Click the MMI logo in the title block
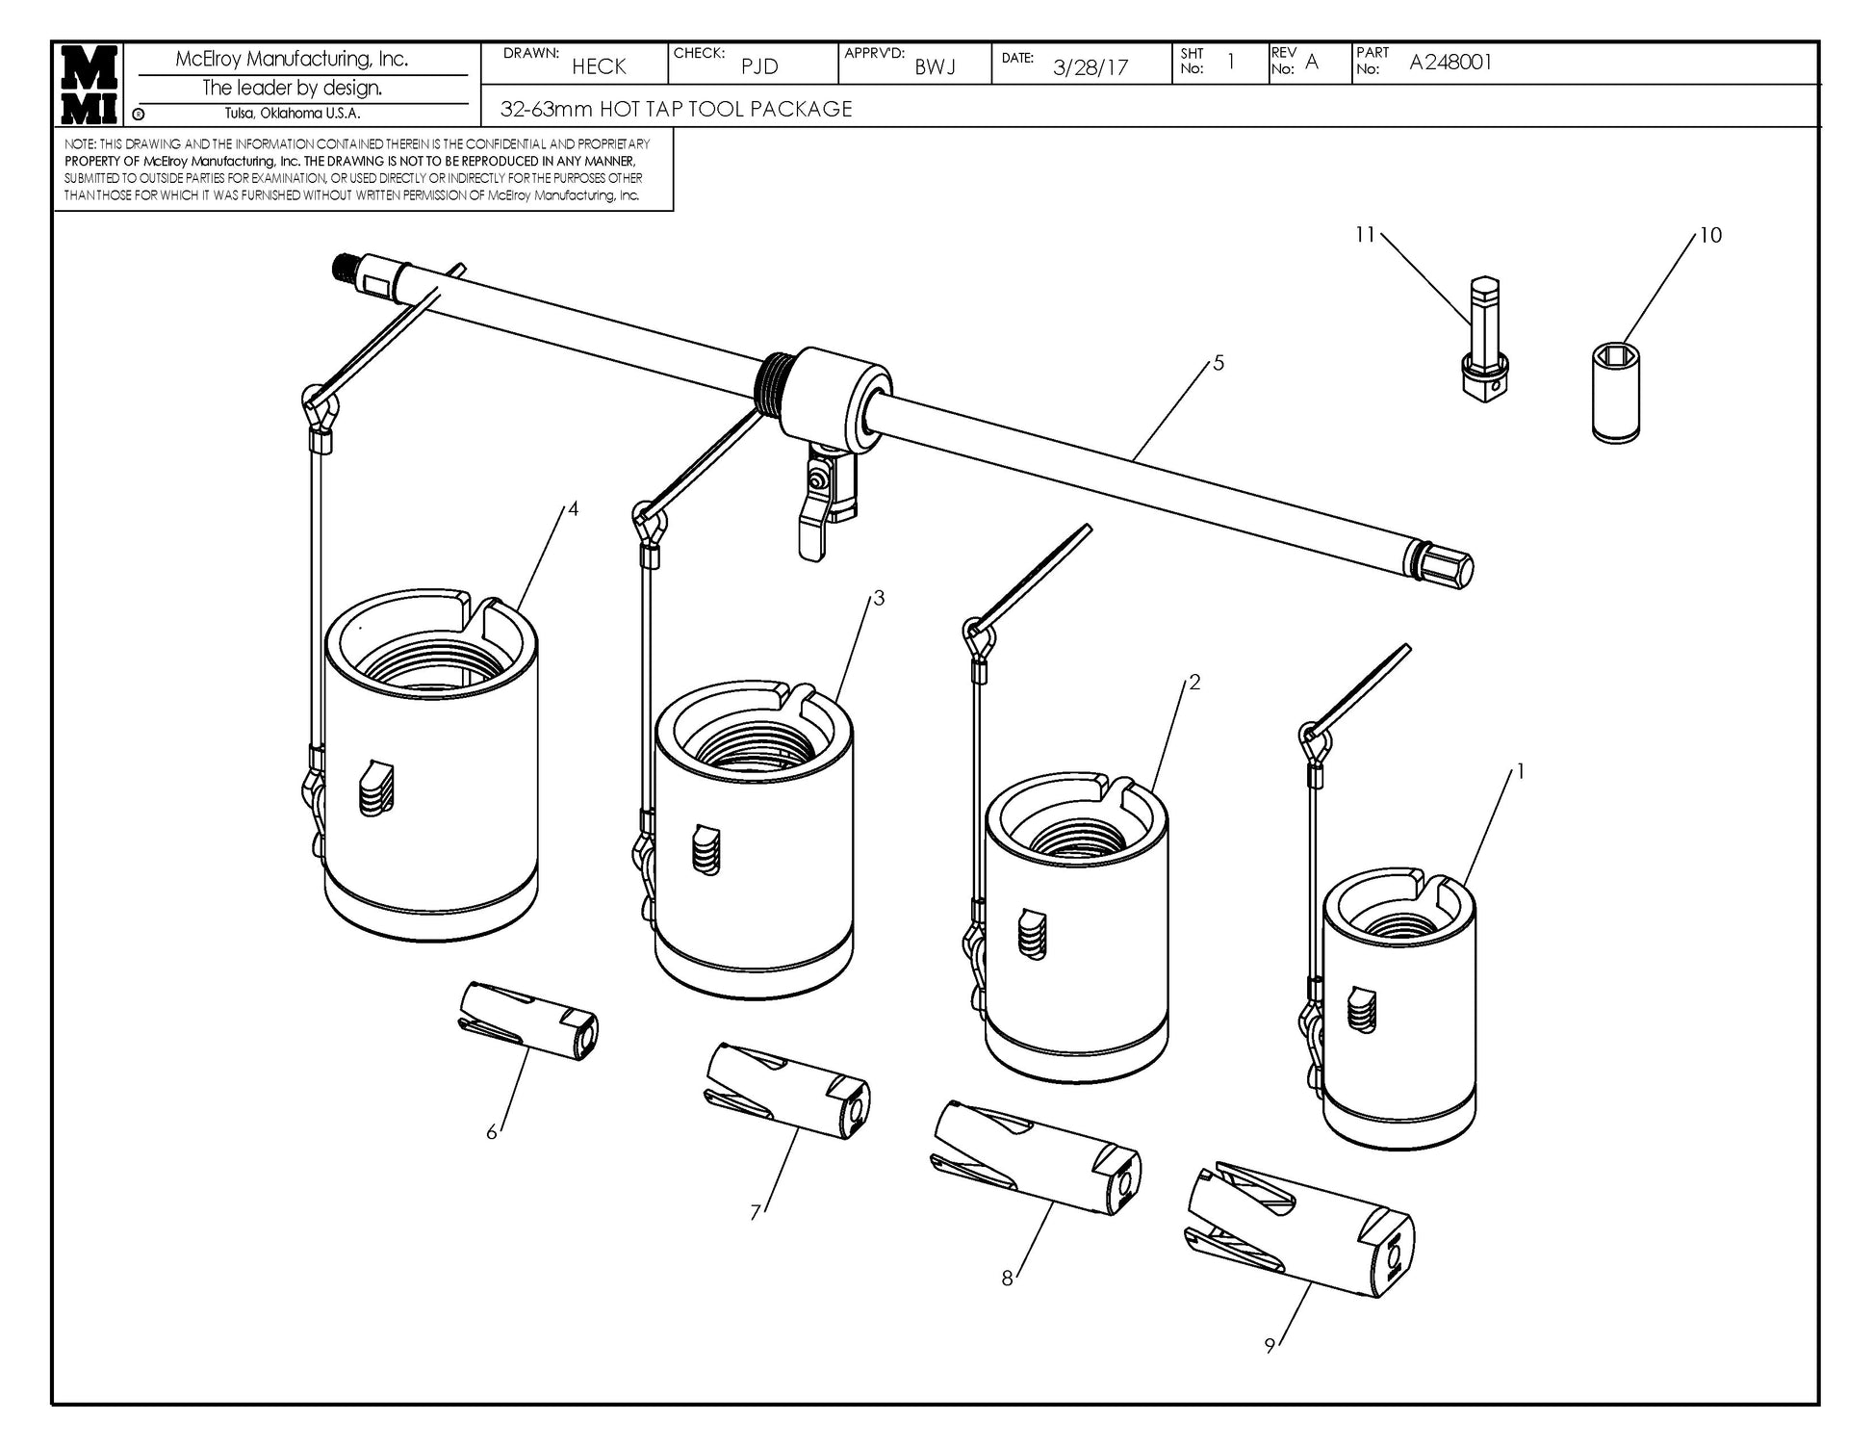tap(90, 84)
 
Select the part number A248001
tap(1450, 63)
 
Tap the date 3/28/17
tap(1090, 67)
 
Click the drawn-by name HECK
tap(599, 66)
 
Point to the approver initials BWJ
tap(935, 67)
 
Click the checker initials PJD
tap(759, 67)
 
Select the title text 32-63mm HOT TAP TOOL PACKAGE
tap(676, 109)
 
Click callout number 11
tap(1365, 234)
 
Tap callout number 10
tap(1710, 235)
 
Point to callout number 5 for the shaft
tap(1219, 363)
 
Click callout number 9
tap(1270, 1346)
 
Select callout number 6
tap(492, 1132)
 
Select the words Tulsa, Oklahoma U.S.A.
tap(292, 114)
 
